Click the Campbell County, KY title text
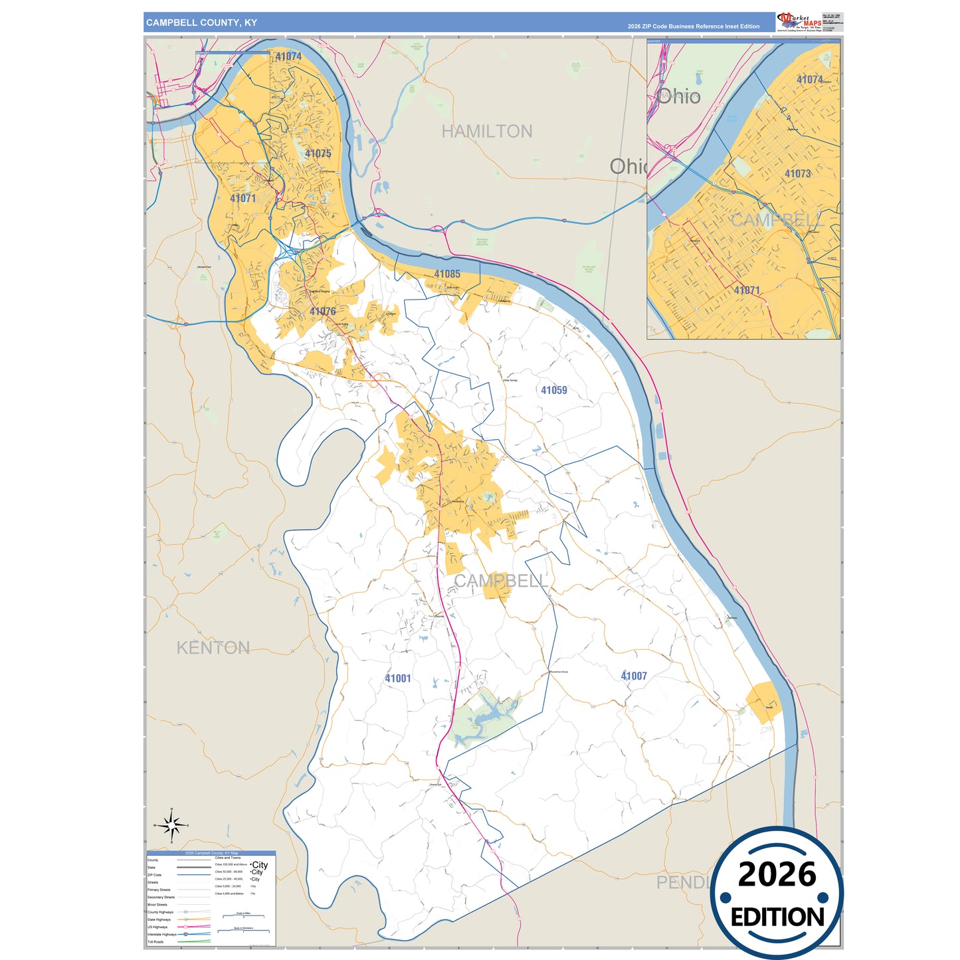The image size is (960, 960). [x=201, y=23]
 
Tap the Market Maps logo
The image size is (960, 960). [x=799, y=22]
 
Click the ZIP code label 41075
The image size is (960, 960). [x=318, y=153]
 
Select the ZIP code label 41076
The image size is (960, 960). [x=322, y=312]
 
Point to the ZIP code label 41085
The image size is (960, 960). [x=446, y=274]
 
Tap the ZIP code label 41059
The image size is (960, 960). [x=553, y=391]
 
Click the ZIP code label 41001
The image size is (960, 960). [x=397, y=678]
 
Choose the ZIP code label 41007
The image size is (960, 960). [x=633, y=676]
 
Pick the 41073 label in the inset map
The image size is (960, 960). [x=797, y=174]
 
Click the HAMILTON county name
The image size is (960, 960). [x=486, y=132]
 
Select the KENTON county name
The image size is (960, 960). [x=213, y=648]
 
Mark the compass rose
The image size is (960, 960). [x=171, y=825]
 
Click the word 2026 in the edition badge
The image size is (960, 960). [x=777, y=874]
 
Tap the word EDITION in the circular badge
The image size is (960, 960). [x=777, y=917]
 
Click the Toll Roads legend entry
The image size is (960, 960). [x=155, y=941]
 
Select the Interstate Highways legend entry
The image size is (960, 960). [x=161, y=934]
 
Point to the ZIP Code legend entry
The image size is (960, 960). [x=154, y=875]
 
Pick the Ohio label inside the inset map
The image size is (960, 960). [x=678, y=97]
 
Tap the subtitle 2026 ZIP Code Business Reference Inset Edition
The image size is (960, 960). [x=693, y=27]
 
